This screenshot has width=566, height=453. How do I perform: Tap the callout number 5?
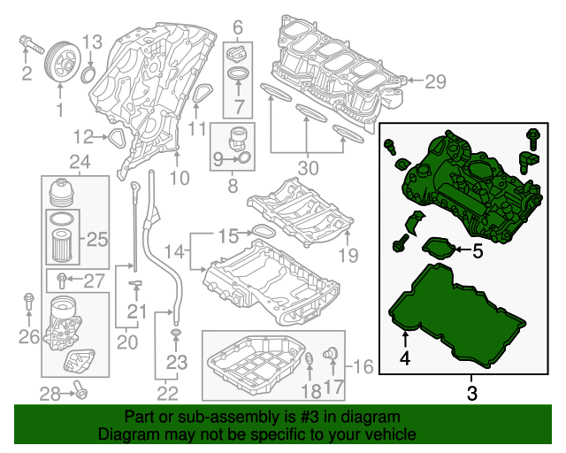pos(477,251)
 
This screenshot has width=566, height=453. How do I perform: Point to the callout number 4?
pos(404,359)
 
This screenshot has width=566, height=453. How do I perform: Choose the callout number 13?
pos(93,42)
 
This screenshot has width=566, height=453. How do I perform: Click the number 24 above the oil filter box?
pos(80,162)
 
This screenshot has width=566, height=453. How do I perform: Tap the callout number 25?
pos(96,238)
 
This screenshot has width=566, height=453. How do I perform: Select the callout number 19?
pos(348,257)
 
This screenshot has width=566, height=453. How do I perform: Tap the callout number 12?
pos(83,136)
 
